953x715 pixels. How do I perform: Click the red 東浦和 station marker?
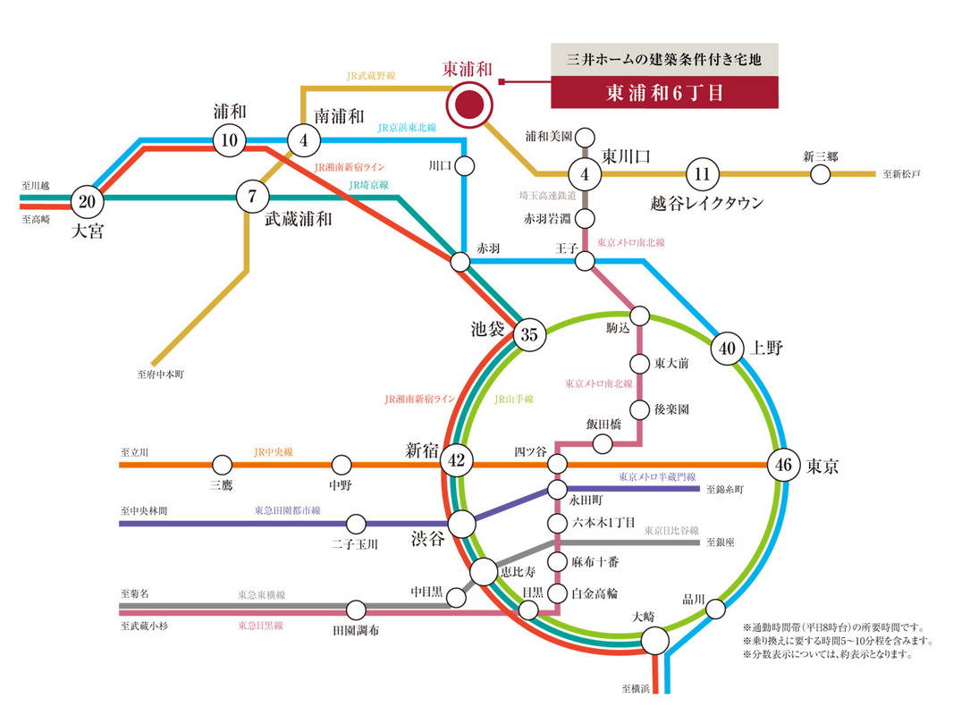pyautogui.click(x=469, y=105)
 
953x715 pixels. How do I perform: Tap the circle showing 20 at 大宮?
pyautogui.click(x=87, y=201)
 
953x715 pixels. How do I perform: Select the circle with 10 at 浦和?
pyautogui.click(x=229, y=139)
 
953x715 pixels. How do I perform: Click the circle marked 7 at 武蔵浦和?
pyautogui.click(x=253, y=197)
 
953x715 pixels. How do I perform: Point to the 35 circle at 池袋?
pyautogui.click(x=529, y=335)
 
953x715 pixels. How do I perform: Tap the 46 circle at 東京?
pyautogui.click(x=784, y=465)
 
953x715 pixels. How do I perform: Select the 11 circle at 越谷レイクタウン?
pyautogui.click(x=702, y=173)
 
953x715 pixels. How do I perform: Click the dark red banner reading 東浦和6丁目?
pyautogui.click(x=664, y=93)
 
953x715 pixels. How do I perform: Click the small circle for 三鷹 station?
pyautogui.click(x=222, y=465)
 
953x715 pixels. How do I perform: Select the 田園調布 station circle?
pyautogui.click(x=356, y=610)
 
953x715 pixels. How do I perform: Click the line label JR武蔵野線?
pyautogui.click(x=370, y=77)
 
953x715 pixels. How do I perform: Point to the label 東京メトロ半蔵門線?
pyautogui.click(x=657, y=477)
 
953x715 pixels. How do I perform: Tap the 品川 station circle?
pyautogui.click(x=716, y=609)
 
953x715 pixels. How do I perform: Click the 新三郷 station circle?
pyautogui.click(x=821, y=173)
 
